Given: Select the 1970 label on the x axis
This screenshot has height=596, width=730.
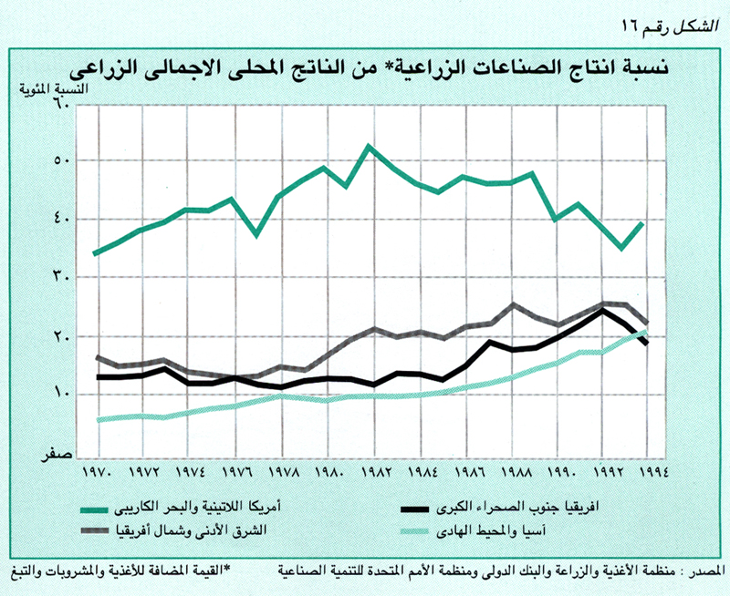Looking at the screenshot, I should click(97, 474).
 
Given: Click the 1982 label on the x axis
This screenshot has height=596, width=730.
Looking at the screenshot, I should click(376, 474).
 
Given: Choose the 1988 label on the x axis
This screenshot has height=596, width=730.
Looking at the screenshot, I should click(514, 474).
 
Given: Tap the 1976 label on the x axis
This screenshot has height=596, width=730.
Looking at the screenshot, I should click(236, 474).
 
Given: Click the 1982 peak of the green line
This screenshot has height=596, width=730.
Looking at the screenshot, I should click(369, 146).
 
